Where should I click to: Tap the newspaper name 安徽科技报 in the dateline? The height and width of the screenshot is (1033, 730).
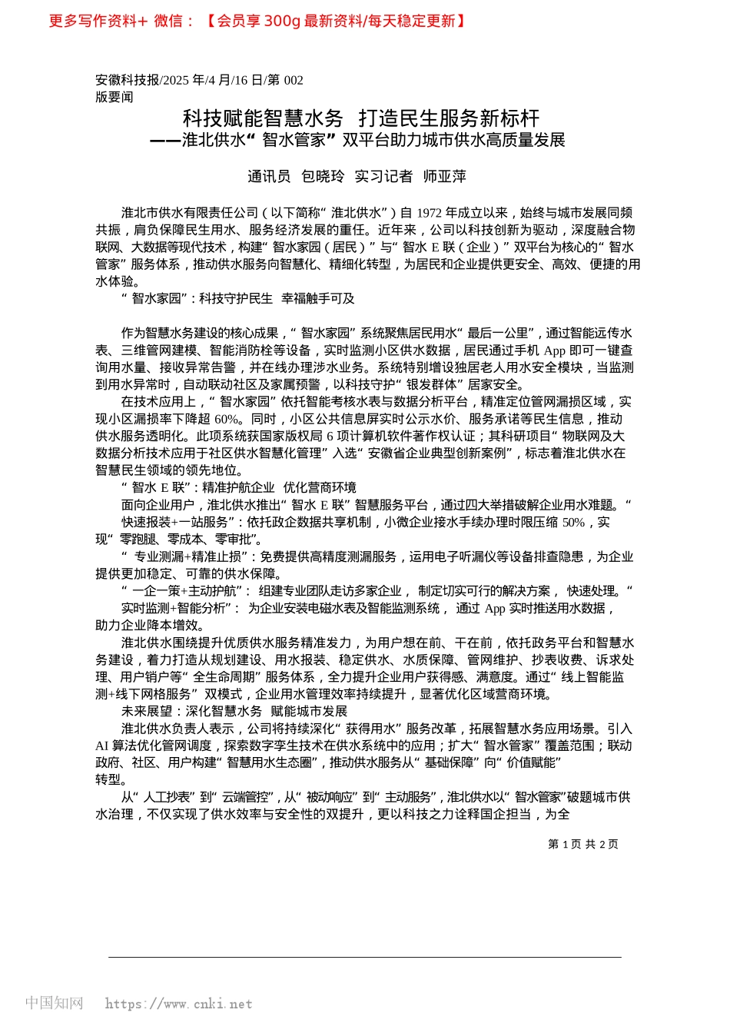click(128, 80)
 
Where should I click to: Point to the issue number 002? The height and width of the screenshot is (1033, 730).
click(294, 80)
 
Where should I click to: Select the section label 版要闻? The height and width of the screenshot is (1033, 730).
click(114, 97)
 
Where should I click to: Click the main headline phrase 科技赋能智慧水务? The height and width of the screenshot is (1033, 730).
click(263, 118)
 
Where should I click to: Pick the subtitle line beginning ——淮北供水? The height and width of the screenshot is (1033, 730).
click(357, 140)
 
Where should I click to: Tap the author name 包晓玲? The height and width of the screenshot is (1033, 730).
click(323, 177)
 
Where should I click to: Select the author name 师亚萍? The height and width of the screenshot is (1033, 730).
click(445, 177)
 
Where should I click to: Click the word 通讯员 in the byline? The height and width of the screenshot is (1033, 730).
click(269, 177)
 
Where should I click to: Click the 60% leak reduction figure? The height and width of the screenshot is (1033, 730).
click(227, 419)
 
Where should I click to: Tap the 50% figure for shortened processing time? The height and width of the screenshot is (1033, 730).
click(573, 523)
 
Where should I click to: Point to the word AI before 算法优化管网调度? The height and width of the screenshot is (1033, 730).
click(102, 746)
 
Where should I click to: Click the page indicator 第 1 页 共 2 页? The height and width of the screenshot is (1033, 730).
click(582, 844)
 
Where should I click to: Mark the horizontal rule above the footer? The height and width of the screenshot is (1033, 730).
click(365, 957)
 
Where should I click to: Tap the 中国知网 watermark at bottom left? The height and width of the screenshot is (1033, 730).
click(54, 1003)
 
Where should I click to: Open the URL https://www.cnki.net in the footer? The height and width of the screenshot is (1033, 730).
click(178, 1004)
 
